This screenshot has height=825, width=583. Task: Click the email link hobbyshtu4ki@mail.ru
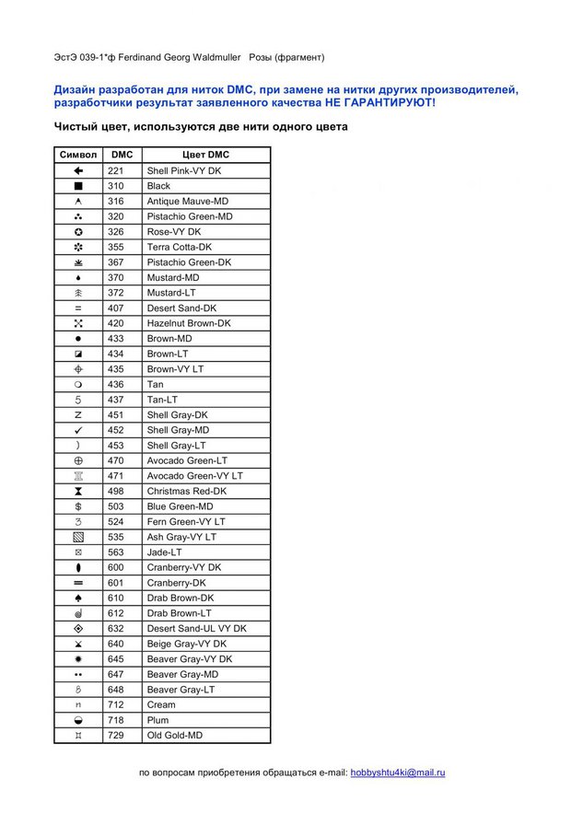397,773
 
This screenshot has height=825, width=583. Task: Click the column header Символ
77,155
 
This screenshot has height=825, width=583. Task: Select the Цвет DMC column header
206,155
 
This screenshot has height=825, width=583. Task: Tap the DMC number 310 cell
115,186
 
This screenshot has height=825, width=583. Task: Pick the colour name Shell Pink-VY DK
184,170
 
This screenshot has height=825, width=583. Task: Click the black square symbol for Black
78,186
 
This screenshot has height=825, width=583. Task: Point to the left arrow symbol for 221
78,170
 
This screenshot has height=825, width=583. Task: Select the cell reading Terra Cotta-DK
179,247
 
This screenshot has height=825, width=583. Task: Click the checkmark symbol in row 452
78,430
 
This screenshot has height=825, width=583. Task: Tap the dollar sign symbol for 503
78,506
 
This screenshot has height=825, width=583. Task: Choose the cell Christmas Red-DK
186,491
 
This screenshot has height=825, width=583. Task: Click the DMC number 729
115,736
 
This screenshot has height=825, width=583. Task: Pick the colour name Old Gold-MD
175,736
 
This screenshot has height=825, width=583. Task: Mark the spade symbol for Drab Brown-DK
78,598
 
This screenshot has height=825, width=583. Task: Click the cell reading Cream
161,704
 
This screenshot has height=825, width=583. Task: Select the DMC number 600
115,567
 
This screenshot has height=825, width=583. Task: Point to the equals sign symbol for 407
78,308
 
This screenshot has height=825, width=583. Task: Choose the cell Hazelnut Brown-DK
189,323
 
